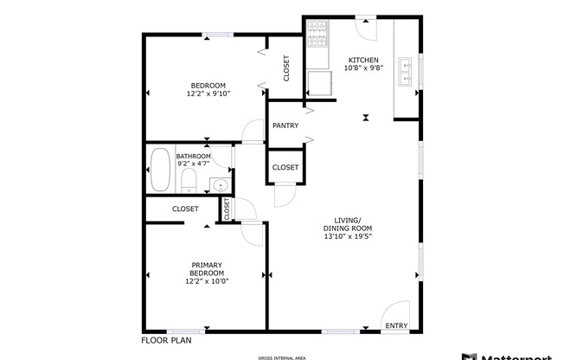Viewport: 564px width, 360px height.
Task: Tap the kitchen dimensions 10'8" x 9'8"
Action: [362, 67]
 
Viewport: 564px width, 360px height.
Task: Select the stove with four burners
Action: [317, 38]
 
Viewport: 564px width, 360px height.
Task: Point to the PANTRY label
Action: [285, 125]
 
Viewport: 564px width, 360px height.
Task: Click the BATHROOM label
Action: [194, 156]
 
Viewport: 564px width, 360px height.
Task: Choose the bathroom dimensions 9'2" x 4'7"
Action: [194, 164]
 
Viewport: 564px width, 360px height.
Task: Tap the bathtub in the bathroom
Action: [160, 170]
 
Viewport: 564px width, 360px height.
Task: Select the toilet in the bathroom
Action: [189, 181]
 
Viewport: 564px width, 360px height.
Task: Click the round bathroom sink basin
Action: [220, 185]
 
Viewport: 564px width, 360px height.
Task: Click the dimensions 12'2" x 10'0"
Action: [208, 280]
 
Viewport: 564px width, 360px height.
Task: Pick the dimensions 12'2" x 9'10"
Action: [208, 93]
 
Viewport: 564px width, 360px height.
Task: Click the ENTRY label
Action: [396, 325]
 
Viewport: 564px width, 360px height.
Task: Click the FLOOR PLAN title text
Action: [165, 340]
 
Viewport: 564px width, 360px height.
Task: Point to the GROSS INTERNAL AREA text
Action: [281, 357]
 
